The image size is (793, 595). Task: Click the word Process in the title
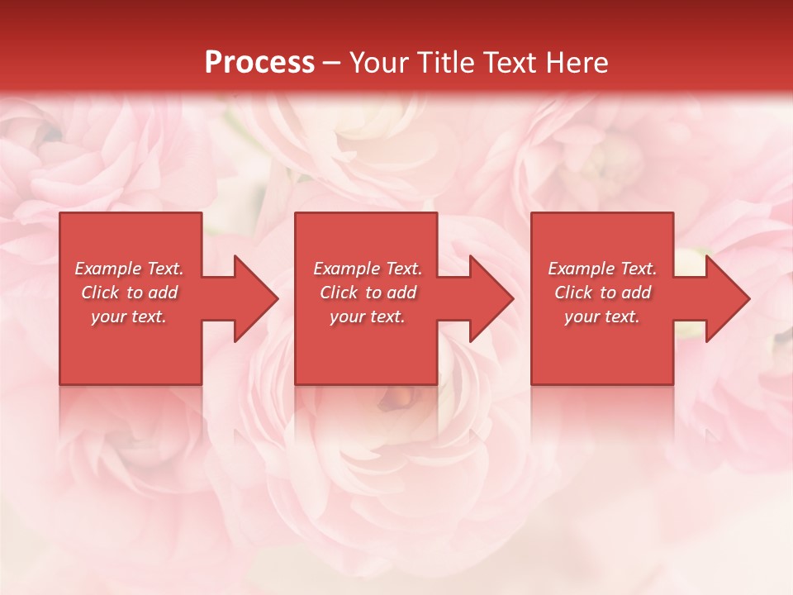coord(259,63)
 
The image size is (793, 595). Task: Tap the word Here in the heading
coord(577,63)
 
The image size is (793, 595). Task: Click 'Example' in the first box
coord(108,269)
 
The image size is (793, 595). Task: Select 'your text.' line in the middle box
coord(367,317)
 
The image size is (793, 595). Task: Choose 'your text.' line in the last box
coord(601,317)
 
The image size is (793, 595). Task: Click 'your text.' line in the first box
coord(129,317)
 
